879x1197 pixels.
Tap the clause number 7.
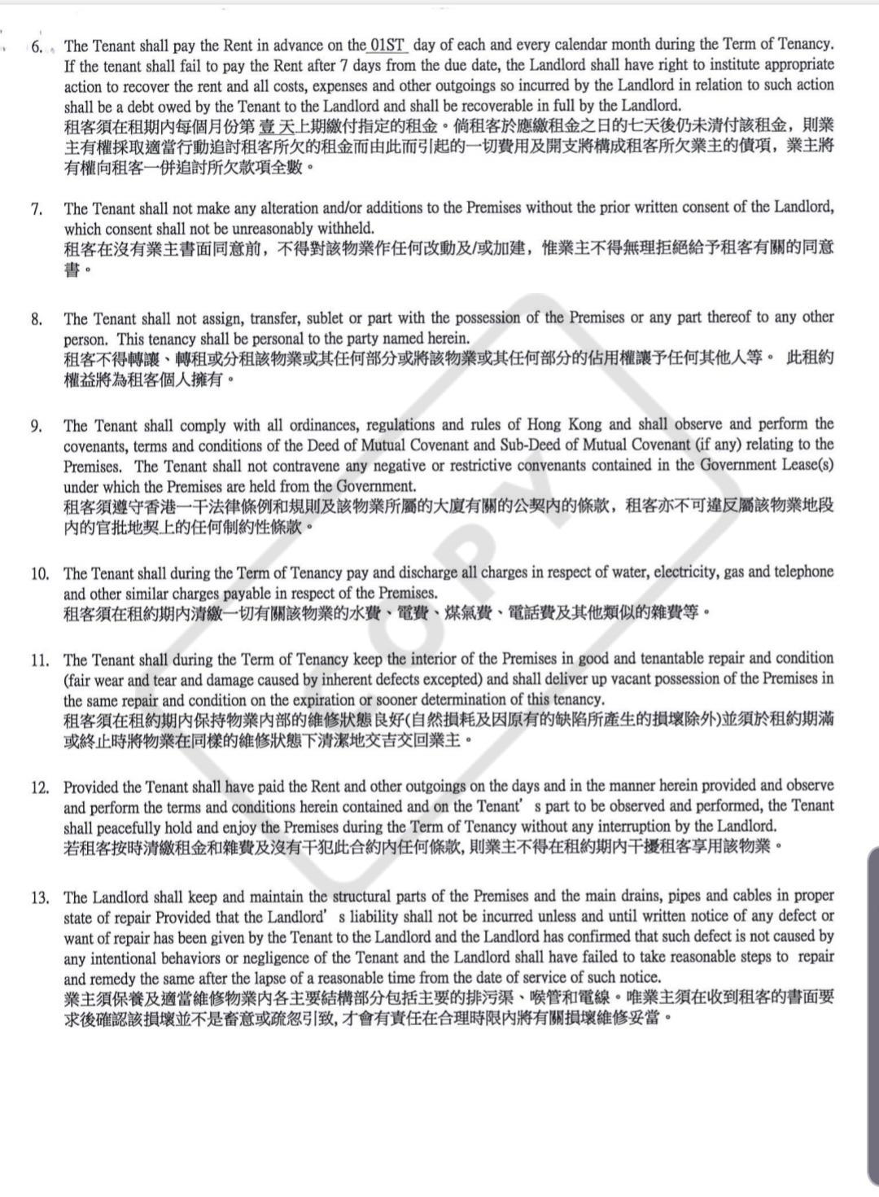tap(37, 209)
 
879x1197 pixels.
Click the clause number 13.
tap(40, 898)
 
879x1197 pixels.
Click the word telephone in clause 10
tap(801, 572)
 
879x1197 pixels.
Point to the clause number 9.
tap(37, 426)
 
